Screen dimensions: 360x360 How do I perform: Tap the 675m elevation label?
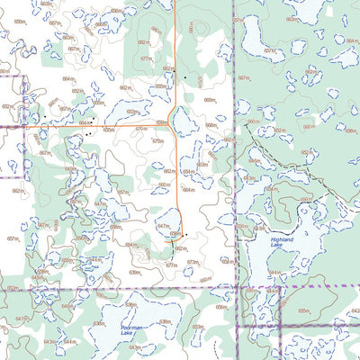coord(158,141)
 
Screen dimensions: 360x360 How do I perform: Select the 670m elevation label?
coord(141,129)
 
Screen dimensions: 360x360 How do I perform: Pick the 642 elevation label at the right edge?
coord(354,310)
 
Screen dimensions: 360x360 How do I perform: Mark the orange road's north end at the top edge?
coord(175,2)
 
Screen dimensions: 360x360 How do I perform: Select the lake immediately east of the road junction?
coord(186,121)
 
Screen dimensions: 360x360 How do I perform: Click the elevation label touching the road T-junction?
coord(163,122)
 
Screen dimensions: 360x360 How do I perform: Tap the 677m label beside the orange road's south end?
coord(171,265)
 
